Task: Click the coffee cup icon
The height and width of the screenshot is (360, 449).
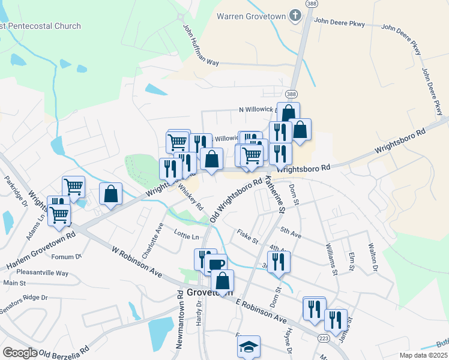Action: tap(216, 263)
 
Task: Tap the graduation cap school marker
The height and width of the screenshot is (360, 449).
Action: tap(248, 347)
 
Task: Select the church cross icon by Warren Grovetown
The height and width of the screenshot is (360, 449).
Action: tap(295, 16)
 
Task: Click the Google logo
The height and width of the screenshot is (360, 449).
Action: tap(20, 352)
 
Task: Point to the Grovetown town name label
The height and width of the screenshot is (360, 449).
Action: tap(209, 292)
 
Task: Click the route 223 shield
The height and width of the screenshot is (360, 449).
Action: tap(324, 339)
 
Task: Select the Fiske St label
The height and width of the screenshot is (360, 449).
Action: tap(247, 236)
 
